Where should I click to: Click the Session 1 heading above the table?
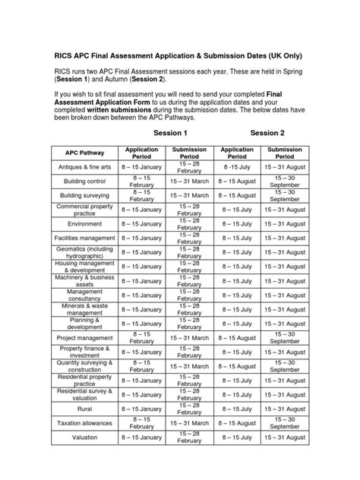click(x=171, y=133)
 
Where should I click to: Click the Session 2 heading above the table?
click(x=267, y=133)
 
